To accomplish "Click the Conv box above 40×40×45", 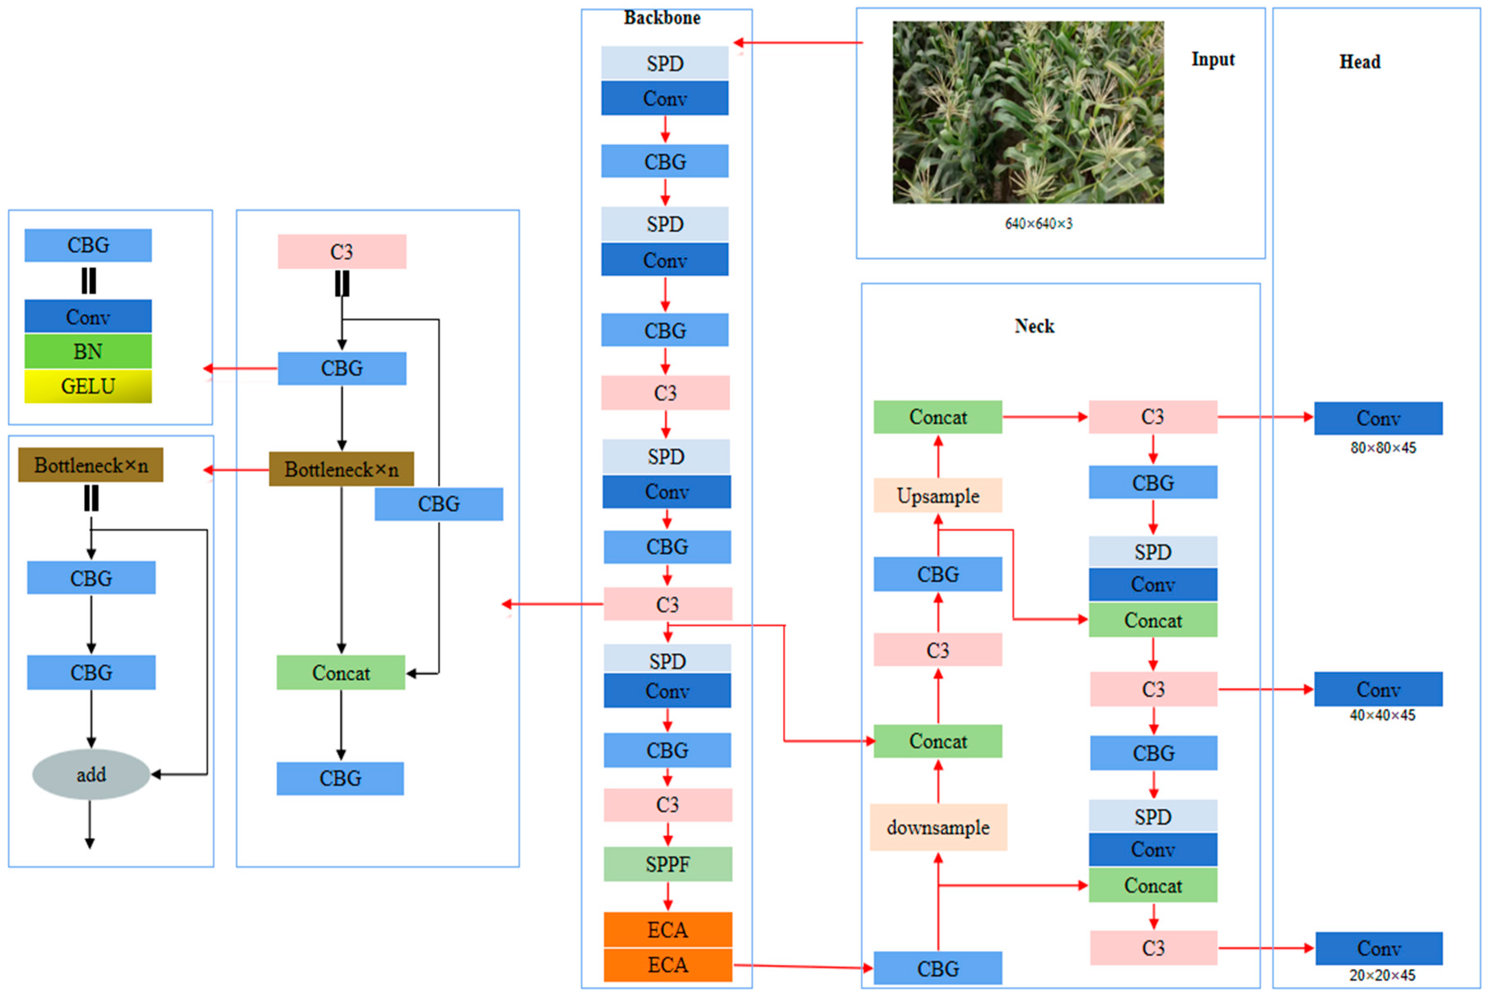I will (x=1378, y=689).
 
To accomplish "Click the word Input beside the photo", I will (x=1212, y=59).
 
